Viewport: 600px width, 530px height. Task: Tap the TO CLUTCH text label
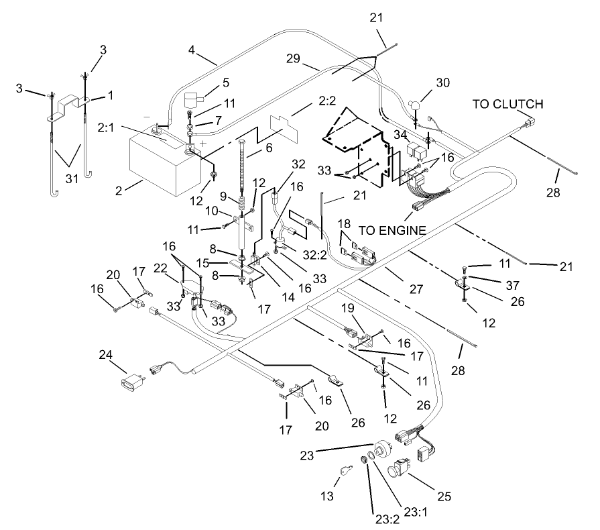click(507, 104)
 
